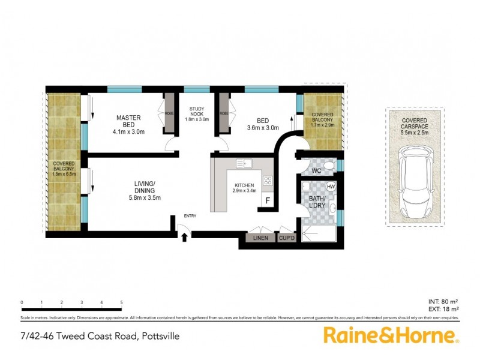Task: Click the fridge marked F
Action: (268, 200)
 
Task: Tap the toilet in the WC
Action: (328, 166)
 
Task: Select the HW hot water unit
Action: (331, 187)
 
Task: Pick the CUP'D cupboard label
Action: (286, 239)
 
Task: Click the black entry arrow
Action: (184, 237)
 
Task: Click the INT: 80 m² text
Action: (444, 302)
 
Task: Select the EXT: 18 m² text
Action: (444, 310)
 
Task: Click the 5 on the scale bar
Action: (122, 302)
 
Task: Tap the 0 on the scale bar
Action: (22, 302)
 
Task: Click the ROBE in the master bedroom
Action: (169, 113)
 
